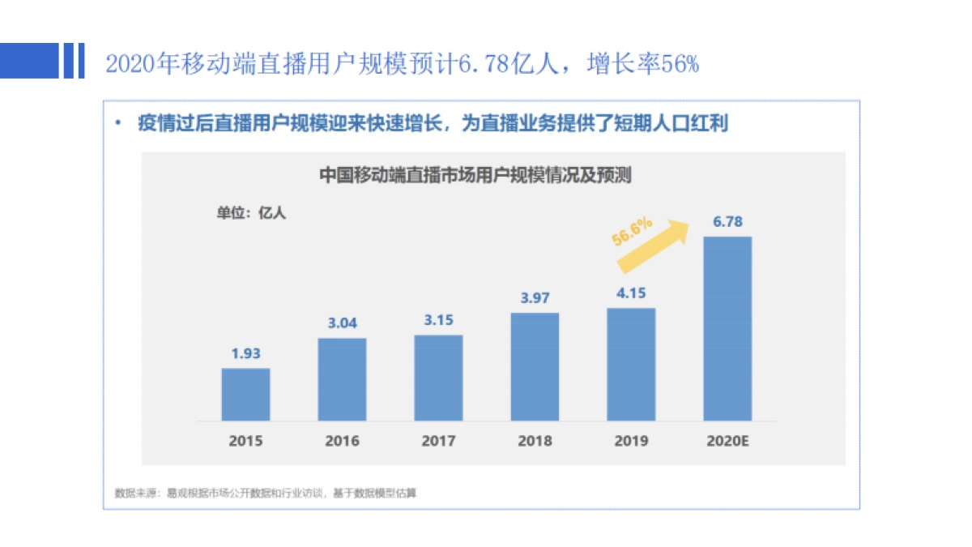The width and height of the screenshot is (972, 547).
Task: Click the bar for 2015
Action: [245, 395]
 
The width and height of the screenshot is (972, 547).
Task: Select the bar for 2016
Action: [342, 379]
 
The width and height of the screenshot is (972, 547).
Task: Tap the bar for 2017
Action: [438, 378]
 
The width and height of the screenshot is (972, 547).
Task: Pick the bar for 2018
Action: [535, 366]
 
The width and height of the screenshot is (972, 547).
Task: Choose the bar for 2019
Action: [631, 364]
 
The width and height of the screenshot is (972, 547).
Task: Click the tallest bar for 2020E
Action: [727, 328]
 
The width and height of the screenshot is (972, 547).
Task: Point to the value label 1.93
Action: [245, 353]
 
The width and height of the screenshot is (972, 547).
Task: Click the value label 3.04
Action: [342, 323]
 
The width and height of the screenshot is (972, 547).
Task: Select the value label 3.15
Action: [438, 320]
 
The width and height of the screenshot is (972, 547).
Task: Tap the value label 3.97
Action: [535, 297]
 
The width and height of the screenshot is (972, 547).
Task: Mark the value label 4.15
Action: [631, 293]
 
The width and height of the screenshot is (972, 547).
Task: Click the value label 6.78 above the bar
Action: [727, 221]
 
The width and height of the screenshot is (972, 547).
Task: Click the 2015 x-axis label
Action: [245, 442]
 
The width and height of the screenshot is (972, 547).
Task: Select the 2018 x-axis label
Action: [535, 442]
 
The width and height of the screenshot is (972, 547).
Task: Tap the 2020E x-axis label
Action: [727, 442]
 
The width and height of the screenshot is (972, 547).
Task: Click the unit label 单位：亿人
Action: [251, 214]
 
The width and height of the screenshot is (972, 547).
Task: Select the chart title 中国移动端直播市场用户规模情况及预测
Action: [475, 174]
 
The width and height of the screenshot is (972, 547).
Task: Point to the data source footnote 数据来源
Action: [266, 492]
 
